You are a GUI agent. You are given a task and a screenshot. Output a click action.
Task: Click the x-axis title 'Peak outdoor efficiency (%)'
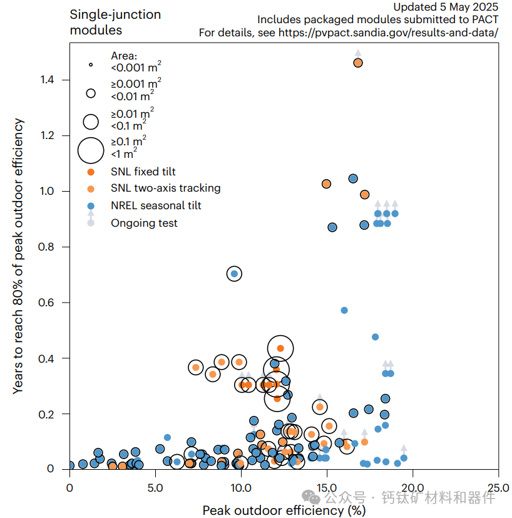click(x=284, y=510)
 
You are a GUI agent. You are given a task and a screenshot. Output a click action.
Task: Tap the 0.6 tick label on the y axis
click(x=48, y=303)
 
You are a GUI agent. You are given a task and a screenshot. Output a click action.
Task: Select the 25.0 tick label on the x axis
click(x=498, y=486)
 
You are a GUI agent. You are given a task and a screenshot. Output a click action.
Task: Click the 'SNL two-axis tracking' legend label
click(x=165, y=188)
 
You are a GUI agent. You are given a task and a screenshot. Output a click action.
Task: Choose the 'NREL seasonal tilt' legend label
click(x=156, y=205)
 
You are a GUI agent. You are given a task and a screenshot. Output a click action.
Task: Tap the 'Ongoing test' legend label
click(x=144, y=222)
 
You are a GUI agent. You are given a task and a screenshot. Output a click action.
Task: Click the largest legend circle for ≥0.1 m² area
click(x=91, y=150)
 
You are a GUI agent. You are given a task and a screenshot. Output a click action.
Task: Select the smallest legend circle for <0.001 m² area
click(x=91, y=64)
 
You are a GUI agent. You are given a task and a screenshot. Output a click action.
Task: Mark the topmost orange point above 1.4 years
click(x=358, y=63)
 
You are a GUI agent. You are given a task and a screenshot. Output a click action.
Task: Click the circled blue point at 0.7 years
click(x=234, y=274)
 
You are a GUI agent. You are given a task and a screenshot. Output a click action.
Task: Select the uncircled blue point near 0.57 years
click(x=344, y=310)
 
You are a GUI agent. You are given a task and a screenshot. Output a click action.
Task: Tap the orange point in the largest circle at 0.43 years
click(x=280, y=348)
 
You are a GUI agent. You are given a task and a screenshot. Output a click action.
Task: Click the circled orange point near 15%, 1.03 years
click(x=326, y=184)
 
